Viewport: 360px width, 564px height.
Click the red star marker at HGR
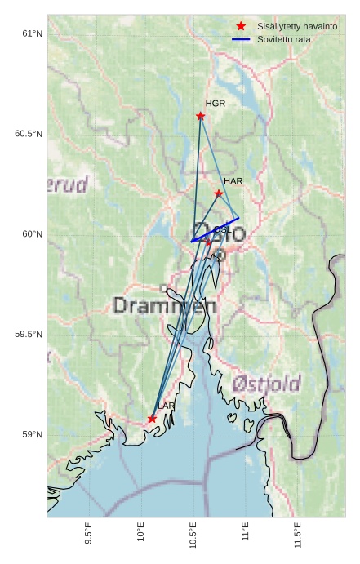[x=201, y=116]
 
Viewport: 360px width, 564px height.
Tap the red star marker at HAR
[x=219, y=193]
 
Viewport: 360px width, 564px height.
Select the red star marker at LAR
[x=153, y=419]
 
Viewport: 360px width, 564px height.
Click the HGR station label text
[x=216, y=104]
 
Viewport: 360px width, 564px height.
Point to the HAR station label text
[x=233, y=180]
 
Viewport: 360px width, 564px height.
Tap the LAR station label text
[x=167, y=406]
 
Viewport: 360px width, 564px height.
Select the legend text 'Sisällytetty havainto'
[x=297, y=26]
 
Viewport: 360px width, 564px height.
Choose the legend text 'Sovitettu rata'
[x=283, y=39]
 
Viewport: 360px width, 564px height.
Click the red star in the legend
[x=241, y=26]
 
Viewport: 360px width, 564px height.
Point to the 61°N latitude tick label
[x=32, y=33]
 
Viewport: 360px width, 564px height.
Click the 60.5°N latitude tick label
[x=29, y=134]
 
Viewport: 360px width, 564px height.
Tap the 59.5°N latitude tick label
[x=29, y=335]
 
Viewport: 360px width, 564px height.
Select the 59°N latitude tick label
[x=32, y=435]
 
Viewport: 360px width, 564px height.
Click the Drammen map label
[x=164, y=306]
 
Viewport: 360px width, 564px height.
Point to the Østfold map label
[x=266, y=384]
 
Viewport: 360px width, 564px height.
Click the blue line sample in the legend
[x=241, y=39]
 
